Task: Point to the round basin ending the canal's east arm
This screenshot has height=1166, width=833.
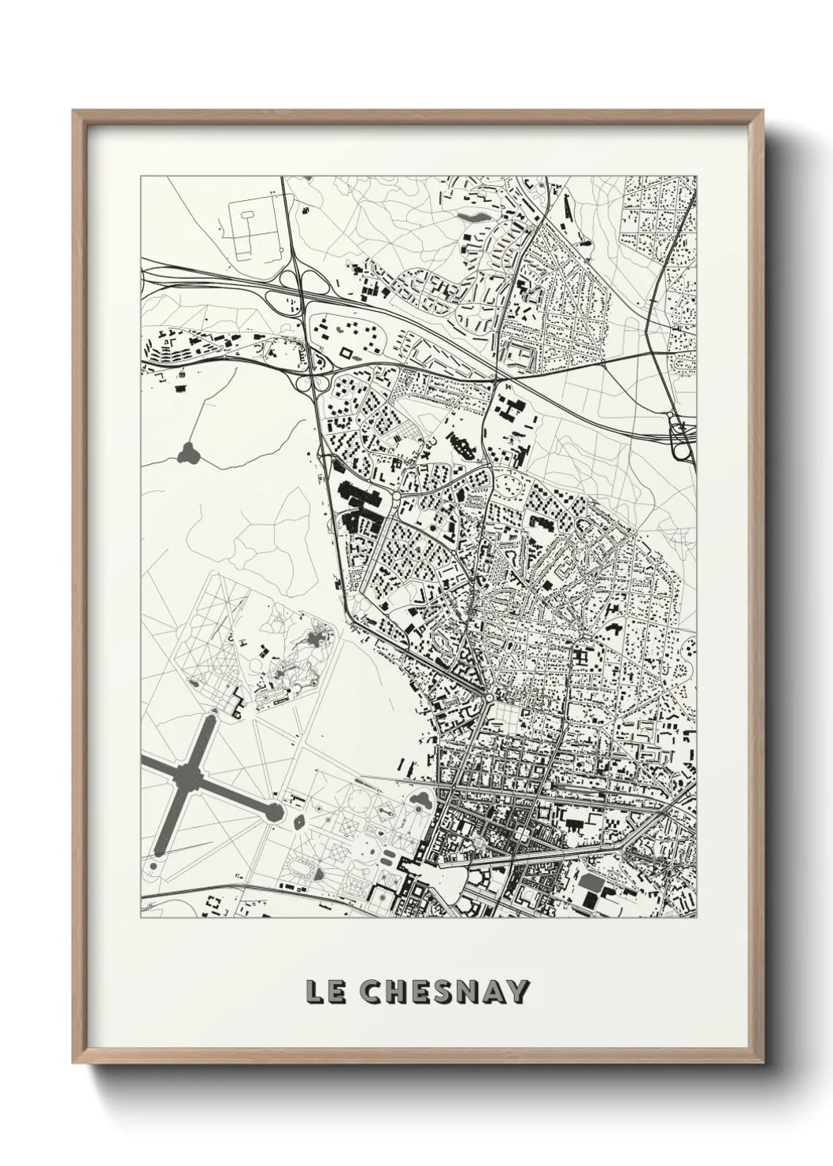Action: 276,810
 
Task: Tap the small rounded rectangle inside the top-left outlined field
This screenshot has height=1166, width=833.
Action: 247,214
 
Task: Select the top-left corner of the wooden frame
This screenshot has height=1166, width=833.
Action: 74,111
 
